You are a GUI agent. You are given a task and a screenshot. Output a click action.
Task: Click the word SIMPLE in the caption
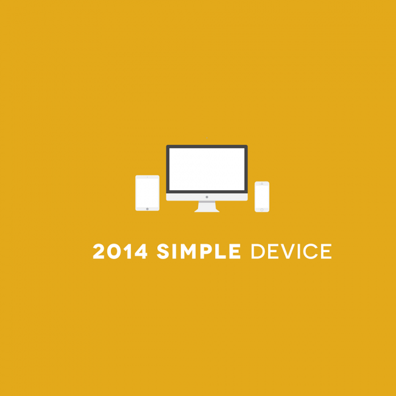199,251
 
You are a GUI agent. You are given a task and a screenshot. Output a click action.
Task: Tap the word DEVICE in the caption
291,251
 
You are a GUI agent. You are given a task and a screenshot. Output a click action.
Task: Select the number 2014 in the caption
120,251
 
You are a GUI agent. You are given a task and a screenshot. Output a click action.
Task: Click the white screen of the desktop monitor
207,169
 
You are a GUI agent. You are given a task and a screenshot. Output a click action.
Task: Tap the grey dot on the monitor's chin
207,197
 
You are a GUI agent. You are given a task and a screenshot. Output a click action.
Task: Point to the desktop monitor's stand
207,207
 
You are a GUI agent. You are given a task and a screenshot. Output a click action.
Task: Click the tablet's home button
147,209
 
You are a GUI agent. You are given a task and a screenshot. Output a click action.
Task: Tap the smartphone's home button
262,210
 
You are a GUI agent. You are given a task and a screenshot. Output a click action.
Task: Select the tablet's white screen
147,193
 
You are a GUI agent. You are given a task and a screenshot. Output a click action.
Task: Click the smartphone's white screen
262,197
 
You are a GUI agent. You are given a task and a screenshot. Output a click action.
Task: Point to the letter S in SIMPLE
163,251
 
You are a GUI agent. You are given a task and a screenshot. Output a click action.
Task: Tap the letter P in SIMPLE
206,251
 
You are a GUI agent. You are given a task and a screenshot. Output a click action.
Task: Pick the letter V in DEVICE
288,251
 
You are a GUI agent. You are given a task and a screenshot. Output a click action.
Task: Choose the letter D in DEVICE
258,251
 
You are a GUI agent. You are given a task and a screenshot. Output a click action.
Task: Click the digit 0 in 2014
114,251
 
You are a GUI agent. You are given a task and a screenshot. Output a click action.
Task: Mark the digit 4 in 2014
141,251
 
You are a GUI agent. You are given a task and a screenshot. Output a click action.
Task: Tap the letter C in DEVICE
311,251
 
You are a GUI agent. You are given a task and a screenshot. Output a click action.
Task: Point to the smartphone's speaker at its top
262,183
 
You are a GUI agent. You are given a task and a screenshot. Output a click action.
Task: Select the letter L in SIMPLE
221,251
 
